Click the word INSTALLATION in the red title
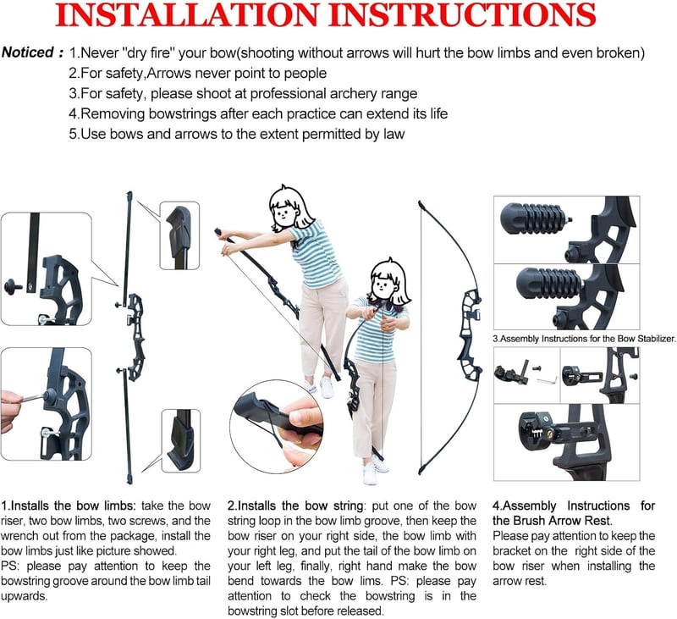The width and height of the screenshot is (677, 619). [187, 14]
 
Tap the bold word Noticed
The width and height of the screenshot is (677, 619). [28, 53]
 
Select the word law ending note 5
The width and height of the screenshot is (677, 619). [394, 134]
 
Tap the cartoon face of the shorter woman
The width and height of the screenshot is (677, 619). [382, 286]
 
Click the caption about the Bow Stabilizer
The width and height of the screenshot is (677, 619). [584, 339]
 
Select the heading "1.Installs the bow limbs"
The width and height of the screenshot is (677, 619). [69, 506]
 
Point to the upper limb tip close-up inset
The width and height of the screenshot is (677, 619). [179, 235]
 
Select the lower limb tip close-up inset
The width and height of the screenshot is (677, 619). [181, 440]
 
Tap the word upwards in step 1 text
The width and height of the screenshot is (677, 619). [25, 596]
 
